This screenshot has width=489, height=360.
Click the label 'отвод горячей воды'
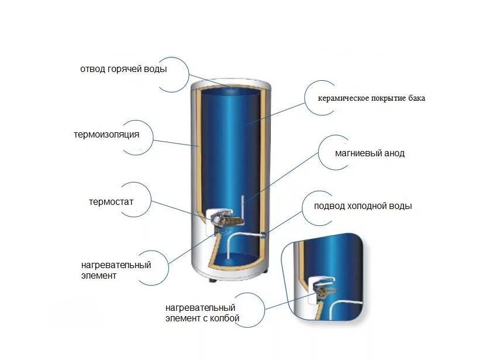123,69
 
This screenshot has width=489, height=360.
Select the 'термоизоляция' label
106,135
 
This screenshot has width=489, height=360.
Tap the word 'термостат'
111,202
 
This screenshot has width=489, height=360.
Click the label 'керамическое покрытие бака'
371,98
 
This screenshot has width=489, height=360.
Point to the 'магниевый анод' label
370,153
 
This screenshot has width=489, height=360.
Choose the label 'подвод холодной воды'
363,206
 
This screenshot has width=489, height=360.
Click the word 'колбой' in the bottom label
225,318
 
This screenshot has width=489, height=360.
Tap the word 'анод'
394,153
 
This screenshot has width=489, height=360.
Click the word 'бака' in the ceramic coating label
416,98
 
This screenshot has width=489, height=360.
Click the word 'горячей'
125,69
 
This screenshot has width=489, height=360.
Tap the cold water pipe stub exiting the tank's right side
263,235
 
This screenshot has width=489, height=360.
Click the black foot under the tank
213,280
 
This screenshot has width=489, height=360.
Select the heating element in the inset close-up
325,292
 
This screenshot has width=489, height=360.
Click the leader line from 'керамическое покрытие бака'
275,114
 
